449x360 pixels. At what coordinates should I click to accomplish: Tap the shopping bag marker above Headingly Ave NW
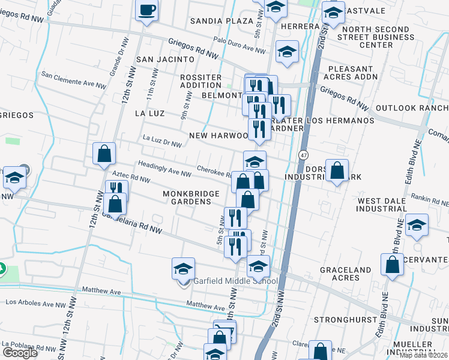click(104, 154)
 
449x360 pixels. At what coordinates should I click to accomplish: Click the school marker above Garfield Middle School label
click(184, 269)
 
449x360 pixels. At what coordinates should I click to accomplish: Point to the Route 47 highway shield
click(304, 155)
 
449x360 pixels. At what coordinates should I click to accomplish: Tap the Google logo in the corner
click(19, 353)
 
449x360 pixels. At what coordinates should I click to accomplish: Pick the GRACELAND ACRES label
click(345, 274)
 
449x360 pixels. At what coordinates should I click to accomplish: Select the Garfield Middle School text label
click(235, 281)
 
